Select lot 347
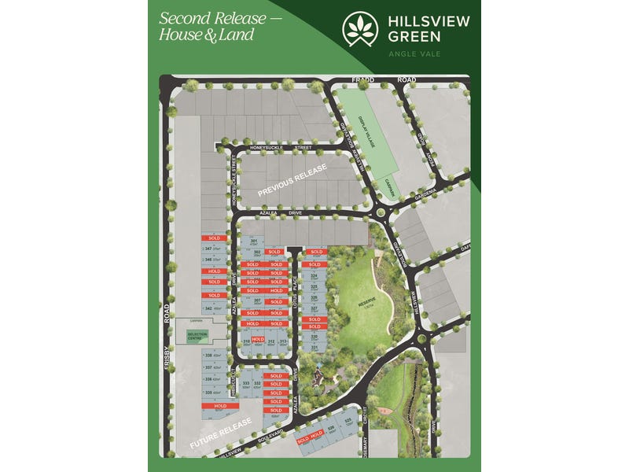pyautogui.click(x=211, y=249)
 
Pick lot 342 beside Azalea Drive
pyautogui.click(x=211, y=308)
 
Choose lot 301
pyautogui.click(x=254, y=242)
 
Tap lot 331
pyautogui.click(x=314, y=347)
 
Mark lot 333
pyautogui.click(x=245, y=384)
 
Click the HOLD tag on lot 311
pyautogui.click(x=257, y=339)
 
